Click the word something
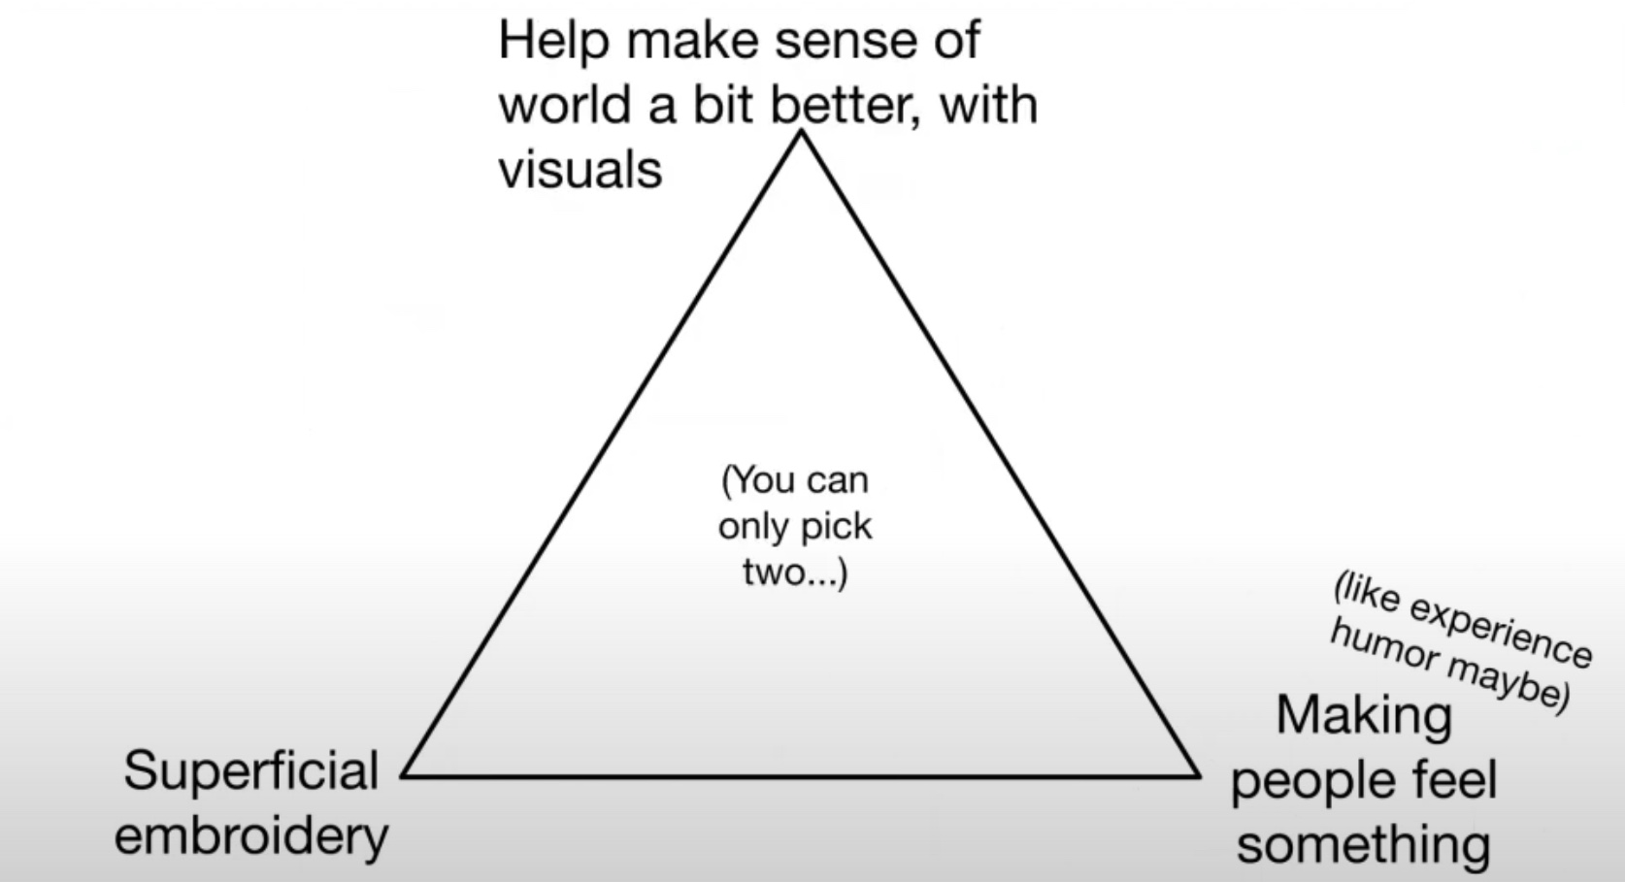point(1364,845)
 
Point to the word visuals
point(580,170)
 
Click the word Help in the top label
point(553,42)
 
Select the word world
point(564,105)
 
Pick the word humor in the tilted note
point(1384,648)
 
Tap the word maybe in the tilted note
point(1509,685)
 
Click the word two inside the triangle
point(774,573)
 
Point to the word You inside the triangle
point(761,481)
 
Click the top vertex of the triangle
point(801,132)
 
